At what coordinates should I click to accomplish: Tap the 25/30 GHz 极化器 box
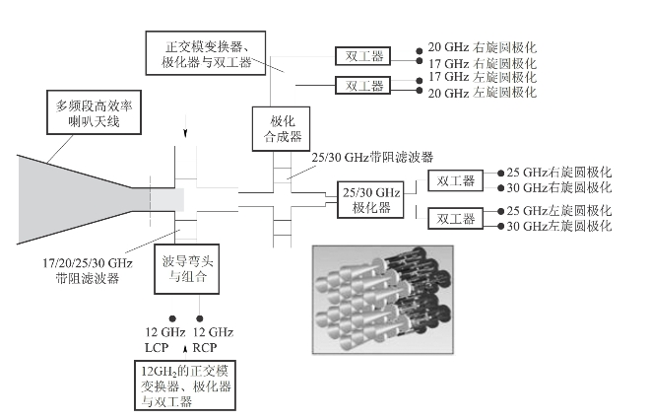(364, 199)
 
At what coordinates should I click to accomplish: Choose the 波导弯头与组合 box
(183, 271)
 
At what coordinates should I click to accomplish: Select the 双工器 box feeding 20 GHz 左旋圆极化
(363, 85)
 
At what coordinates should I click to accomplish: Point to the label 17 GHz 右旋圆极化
(482, 63)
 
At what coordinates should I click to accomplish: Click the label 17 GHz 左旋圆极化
(482, 77)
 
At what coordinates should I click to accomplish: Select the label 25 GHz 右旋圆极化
(558, 173)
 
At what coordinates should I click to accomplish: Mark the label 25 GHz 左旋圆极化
(558, 212)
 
